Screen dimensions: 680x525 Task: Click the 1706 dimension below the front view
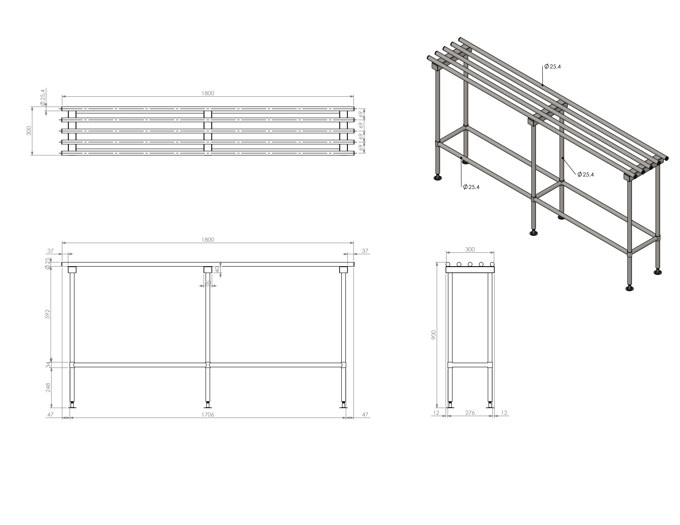coord(208,414)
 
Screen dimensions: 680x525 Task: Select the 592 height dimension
coord(48,314)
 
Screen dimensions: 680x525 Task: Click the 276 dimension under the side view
coord(470,413)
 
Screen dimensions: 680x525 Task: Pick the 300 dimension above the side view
coord(470,249)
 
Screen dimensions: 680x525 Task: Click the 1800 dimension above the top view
coord(208,93)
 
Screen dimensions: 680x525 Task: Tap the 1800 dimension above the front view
coord(208,240)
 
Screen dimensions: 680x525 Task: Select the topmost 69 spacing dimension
coord(361,114)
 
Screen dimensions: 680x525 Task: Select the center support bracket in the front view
coord(208,270)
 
